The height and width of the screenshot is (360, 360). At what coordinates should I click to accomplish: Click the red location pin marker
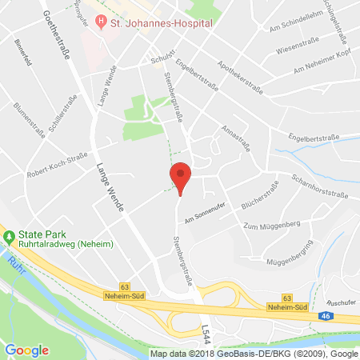(x=181, y=177)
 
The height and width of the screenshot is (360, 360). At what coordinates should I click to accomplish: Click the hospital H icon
(x=99, y=23)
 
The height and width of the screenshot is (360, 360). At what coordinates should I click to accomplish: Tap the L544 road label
(x=207, y=329)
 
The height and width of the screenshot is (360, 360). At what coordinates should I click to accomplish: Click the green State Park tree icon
(x=9, y=237)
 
